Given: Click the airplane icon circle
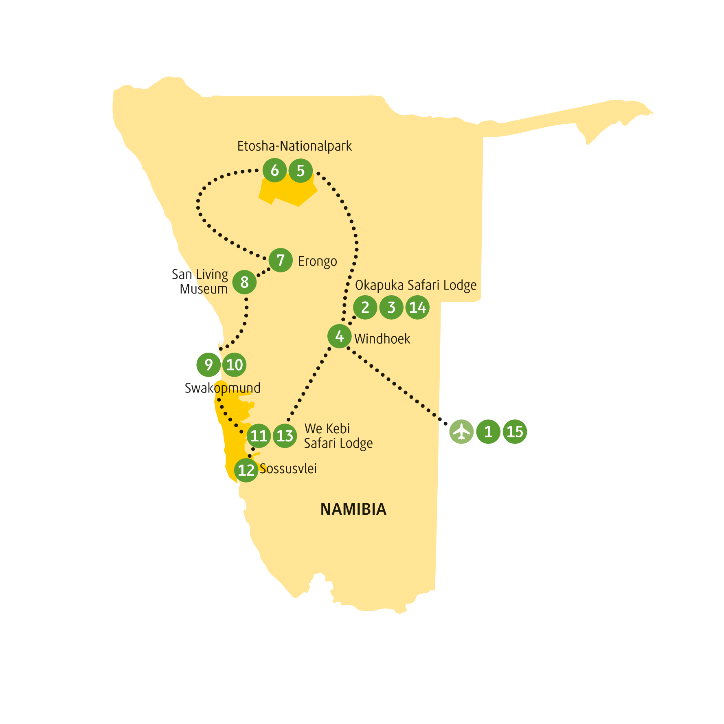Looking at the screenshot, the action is (x=461, y=432).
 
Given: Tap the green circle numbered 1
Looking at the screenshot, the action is (x=488, y=432).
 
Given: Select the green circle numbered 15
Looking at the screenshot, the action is (x=515, y=432).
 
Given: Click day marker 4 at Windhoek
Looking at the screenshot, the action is (x=340, y=336).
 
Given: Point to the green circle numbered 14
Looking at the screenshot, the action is (x=417, y=307).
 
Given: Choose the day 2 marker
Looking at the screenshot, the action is (x=365, y=307).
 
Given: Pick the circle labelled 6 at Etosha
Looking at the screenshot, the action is (x=275, y=170).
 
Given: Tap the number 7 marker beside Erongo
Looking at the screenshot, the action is (x=281, y=260).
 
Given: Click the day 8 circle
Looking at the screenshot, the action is (x=244, y=282).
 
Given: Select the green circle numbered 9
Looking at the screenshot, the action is (x=208, y=365).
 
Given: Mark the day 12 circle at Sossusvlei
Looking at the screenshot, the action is (x=246, y=470).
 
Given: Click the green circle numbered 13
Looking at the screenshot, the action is (x=285, y=436).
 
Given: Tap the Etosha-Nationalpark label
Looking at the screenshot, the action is (x=294, y=146).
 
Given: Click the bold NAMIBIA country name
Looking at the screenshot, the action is (x=353, y=509).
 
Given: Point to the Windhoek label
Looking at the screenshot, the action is (x=382, y=339).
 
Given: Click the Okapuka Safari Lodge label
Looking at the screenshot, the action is (x=416, y=285).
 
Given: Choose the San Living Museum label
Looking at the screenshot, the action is (x=200, y=281).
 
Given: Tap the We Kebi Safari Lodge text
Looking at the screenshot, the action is (x=338, y=436).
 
